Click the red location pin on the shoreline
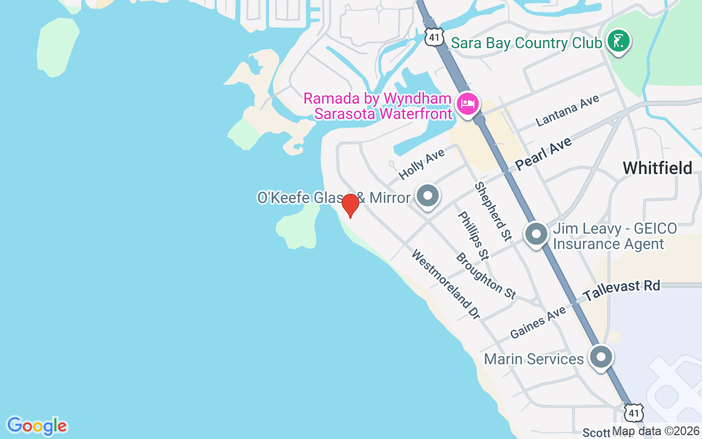coord(350,206)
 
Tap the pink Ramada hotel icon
coord(467,103)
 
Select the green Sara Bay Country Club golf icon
coord(619,41)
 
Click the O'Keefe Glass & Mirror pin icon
coord(428,195)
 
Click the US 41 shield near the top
coord(434,36)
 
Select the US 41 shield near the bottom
coord(635,412)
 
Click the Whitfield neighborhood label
coord(658,168)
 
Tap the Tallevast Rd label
coord(621,290)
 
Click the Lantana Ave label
coord(567,110)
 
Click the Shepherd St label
coord(492,211)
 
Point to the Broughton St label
coord(485,275)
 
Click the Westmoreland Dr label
coord(445,284)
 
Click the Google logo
coord(37,426)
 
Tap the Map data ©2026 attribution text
coord(656,431)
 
